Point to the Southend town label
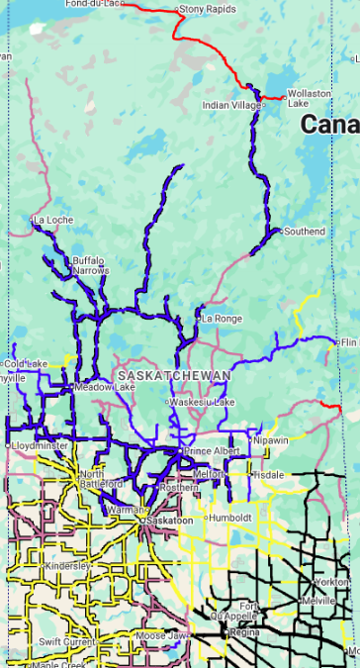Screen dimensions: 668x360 pyautogui.click(x=304, y=232)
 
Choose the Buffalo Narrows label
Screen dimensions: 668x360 pyautogui.click(x=88, y=264)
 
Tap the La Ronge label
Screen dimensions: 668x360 pyautogui.click(x=222, y=319)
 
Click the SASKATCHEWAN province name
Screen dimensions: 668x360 pyautogui.click(x=173, y=376)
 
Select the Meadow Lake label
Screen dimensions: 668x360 pyautogui.click(x=97, y=387)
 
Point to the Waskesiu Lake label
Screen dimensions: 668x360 pyautogui.click(x=203, y=402)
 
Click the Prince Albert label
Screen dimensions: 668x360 pyautogui.click(x=211, y=451)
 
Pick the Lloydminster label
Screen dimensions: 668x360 pyautogui.click(x=39, y=446)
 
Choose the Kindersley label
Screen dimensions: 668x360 pyautogui.click(x=68, y=565)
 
